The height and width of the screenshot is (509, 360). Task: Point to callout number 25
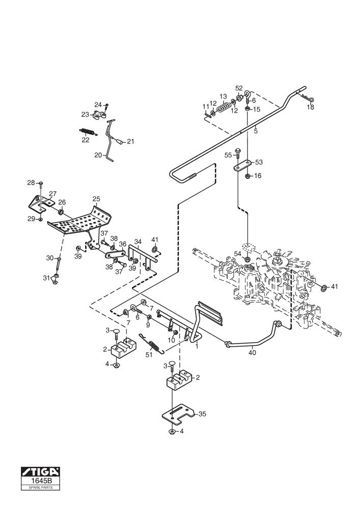pyautogui.click(x=96, y=199)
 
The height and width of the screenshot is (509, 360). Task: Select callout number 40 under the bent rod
pyautogui.click(x=253, y=351)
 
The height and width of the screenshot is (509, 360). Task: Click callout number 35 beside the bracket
pyautogui.click(x=202, y=414)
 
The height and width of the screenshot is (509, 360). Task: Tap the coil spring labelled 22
pyautogui.click(x=87, y=131)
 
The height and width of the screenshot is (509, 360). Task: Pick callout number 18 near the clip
pyautogui.click(x=311, y=107)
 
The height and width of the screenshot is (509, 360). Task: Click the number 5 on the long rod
pyautogui.click(x=256, y=131)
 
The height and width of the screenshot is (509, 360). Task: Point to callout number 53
pyautogui.click(x=259, y=162)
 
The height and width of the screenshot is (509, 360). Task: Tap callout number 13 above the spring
pyautogui.click(x=223, y=97)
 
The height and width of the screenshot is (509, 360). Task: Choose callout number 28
pyautogui.click(x=31, y=182)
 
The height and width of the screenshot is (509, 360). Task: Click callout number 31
pyautogui.click(x=46, y=277)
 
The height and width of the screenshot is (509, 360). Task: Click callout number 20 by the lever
pyautogui.click(x=98, y=155)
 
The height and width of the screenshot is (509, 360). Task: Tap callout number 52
pyautogui.click(x=239, y=88)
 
